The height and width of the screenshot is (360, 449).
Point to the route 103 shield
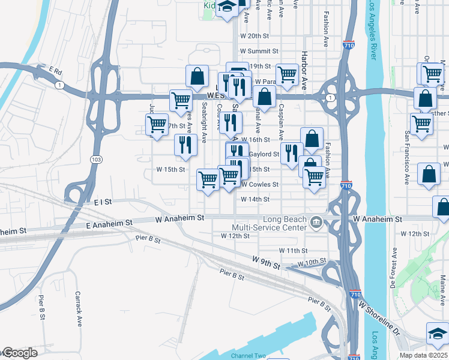click(x=96, y=159)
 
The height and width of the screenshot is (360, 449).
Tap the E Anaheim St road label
click(x=109, y=223)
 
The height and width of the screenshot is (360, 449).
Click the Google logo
click(x=19, y=353)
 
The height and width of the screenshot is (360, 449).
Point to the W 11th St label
click(x=293, y=250)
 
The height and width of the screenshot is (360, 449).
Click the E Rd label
click(x=56, y=71)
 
